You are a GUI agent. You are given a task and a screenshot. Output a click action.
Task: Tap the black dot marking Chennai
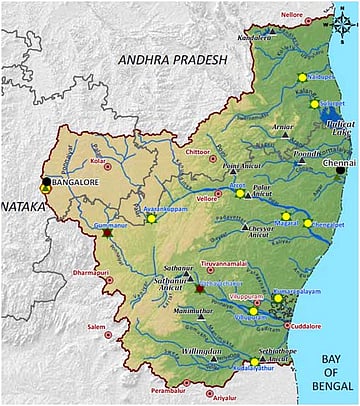tap(341, 170)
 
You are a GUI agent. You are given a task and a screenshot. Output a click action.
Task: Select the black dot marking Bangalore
tap(46, 183)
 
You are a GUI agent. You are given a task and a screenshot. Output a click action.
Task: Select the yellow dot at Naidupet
tap(301, 77)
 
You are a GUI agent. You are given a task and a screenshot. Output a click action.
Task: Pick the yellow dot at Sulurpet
tap(314, 104)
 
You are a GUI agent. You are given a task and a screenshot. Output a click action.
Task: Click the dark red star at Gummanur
tap(107, 232)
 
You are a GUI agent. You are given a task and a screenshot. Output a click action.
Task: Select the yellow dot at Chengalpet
tap(308, 223)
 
